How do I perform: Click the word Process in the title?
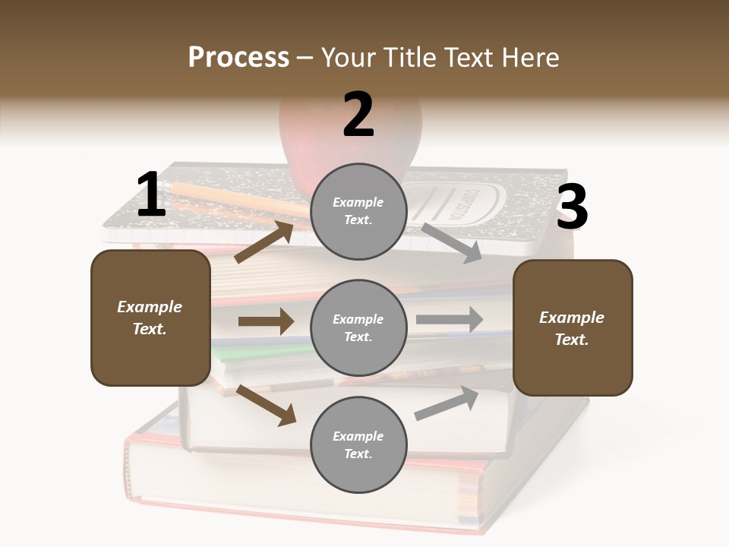pos(238,58)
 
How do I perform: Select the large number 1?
pos(150,195)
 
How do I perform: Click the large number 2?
pos(358,115)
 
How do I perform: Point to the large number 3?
pos(572,207)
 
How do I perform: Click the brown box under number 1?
pos(150,318)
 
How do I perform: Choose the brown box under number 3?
pos(573,327)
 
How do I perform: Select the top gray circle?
pos(358,211)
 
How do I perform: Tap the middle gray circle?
pos(358,327)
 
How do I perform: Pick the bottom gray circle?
pos(358,444)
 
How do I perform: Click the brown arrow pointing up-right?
pos(264,242)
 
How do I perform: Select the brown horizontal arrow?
pos(266,321)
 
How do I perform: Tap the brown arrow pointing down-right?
pos(267,405)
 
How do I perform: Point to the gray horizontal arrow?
pos(450,320)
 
